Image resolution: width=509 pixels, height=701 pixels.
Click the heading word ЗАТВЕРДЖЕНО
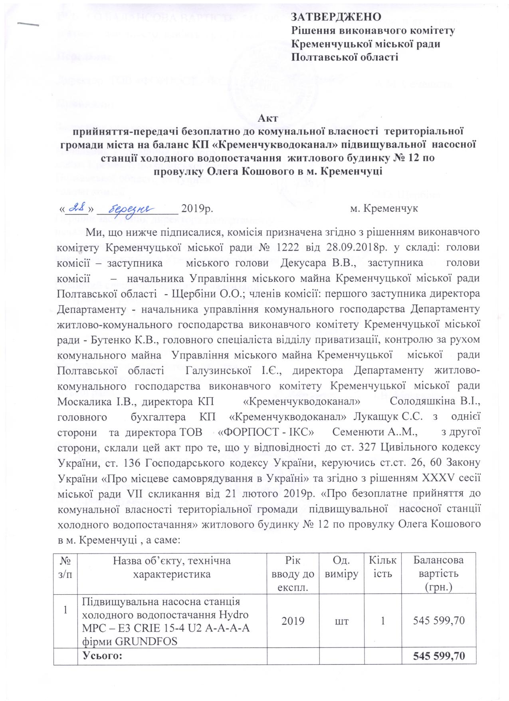tap(335, 17)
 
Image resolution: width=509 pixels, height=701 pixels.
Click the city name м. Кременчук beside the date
tap(384, 209)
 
